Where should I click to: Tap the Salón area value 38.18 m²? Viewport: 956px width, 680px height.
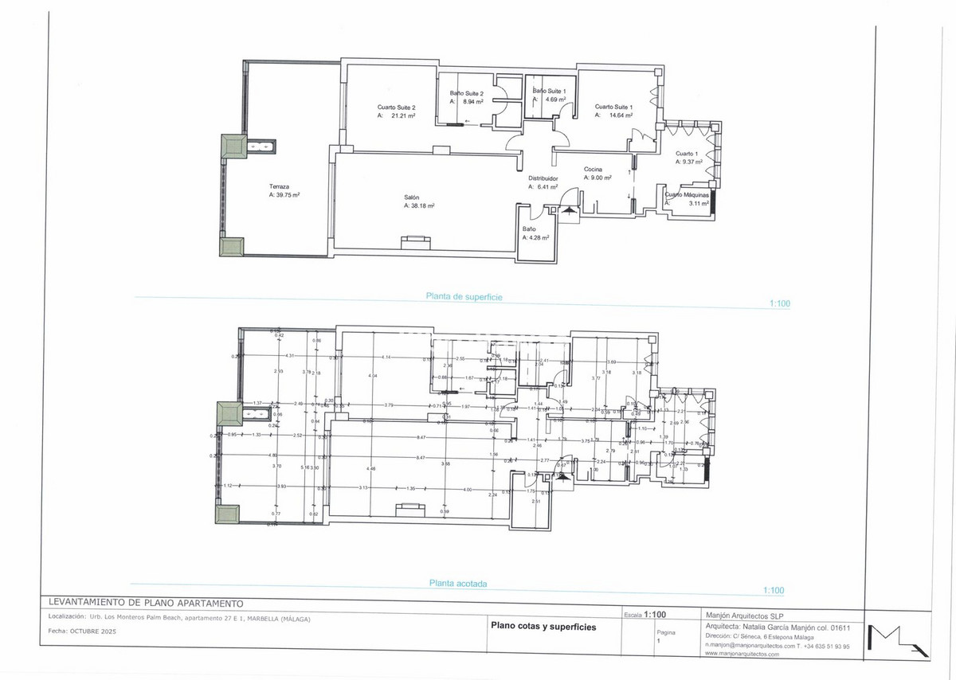click(422, 205)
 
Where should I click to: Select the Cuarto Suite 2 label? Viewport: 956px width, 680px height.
click(396, 107)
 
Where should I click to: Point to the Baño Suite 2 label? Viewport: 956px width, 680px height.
click(467, 93)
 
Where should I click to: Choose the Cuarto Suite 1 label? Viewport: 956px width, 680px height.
click(613, 107)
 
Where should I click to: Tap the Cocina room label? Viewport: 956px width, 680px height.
click(593, 169)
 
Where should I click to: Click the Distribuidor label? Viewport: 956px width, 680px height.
click(543, 178)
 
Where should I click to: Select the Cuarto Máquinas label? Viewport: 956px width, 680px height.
click(687, 194)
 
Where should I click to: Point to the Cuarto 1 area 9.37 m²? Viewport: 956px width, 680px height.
click(690, 162)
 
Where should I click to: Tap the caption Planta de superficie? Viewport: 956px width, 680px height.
click(464, 296)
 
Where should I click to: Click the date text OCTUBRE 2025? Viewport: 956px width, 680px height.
click(92, 630)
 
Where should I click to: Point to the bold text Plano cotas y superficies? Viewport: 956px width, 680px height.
click(543, 627)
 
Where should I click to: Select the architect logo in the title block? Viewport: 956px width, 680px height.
click(897, 640)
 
